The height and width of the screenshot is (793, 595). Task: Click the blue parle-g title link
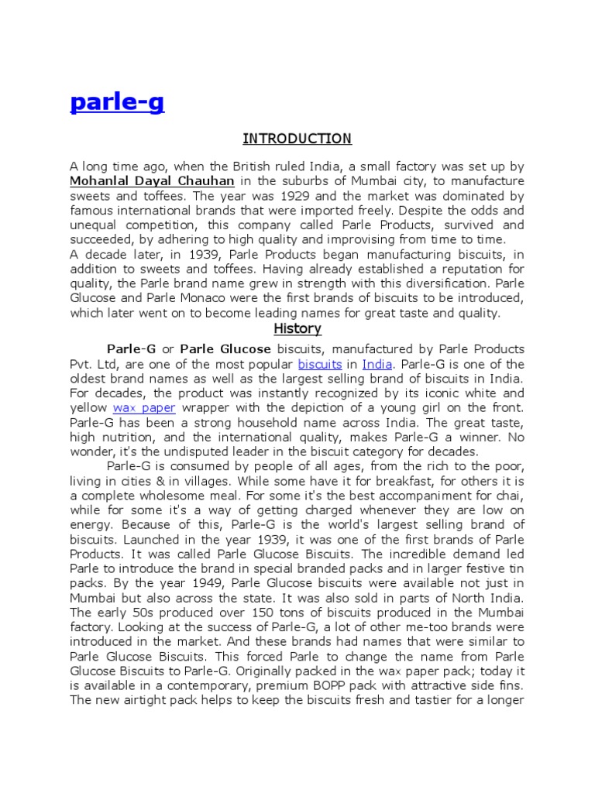[x=117, y=103]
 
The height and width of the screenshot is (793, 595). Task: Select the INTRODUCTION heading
[x=297, y=139]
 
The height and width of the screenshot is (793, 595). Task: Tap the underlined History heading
[x=297, y=329]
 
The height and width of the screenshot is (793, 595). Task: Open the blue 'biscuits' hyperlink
[x=320, y=364]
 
